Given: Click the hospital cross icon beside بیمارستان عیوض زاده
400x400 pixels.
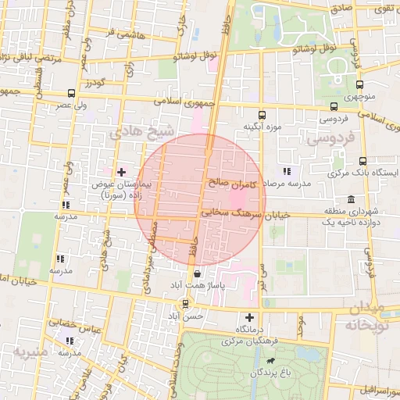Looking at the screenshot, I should point(121,171).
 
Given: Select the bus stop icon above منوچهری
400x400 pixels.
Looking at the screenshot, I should point(359,84).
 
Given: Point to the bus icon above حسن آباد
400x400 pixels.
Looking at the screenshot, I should point(185,304).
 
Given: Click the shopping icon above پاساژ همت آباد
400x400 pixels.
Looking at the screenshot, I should point(196,274).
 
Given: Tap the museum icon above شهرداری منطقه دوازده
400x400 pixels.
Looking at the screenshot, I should point(349,198).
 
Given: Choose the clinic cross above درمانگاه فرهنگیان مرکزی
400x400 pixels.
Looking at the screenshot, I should point(249,317).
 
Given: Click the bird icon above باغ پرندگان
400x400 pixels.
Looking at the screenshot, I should point(270,361).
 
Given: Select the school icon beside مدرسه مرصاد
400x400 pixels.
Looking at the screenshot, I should point(287,170).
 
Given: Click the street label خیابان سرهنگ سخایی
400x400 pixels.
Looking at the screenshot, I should point(245,213).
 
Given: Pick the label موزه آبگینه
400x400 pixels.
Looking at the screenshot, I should point(261,126).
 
